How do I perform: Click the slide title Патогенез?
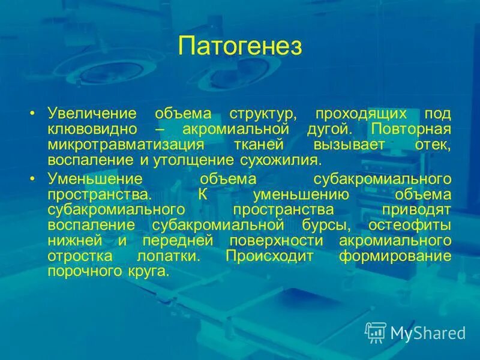coord(240,46)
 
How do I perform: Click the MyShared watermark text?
coord(428,333)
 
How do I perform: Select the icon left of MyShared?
coord(376,332)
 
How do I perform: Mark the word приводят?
coord(416,209)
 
